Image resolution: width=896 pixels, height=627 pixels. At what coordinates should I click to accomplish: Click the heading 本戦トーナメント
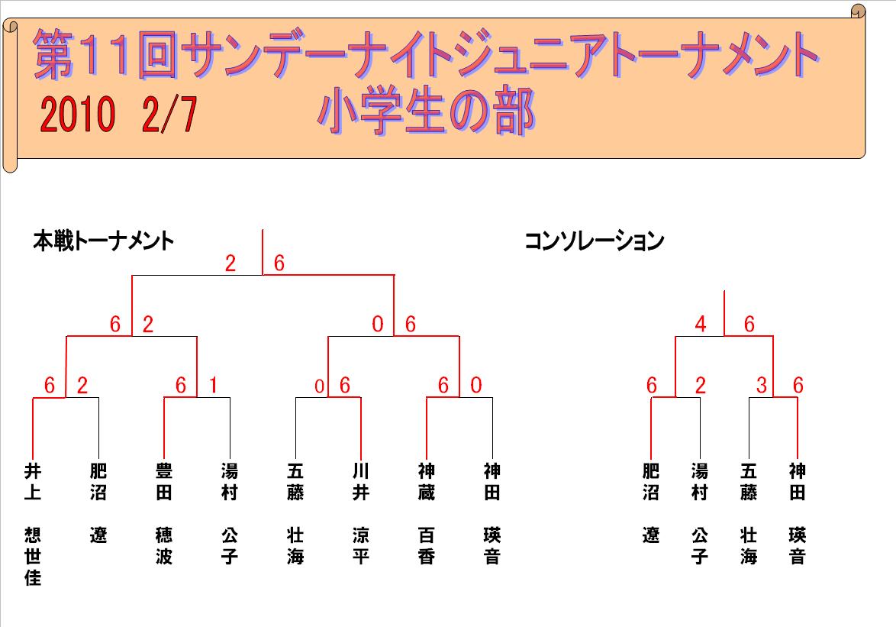(104, 241)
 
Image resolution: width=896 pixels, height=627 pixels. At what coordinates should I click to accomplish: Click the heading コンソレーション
(595, 241)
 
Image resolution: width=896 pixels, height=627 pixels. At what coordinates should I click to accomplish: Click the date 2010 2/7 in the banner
(118, 115)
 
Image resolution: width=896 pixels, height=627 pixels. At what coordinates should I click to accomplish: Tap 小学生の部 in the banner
(427, 112)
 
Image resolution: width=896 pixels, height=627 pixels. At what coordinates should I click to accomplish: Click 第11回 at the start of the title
(106, 54)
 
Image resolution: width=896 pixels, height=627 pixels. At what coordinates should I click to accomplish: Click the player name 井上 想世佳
(33, 524)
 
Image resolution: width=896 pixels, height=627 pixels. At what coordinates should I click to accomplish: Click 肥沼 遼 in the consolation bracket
(651, 503)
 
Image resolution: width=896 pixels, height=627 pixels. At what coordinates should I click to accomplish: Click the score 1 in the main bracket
(213, 385)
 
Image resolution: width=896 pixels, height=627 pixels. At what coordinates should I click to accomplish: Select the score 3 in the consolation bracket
(761, 385)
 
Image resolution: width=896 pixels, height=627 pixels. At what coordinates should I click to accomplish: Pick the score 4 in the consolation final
(701, 324)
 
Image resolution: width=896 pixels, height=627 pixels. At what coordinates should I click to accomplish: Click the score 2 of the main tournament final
(230, 263)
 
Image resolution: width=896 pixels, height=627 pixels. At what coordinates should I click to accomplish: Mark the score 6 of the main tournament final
(279, 263)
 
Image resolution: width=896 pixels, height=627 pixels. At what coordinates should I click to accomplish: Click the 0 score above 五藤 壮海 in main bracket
(320, 386)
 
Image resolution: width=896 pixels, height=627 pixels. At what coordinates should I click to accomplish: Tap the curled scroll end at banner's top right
(859, 11)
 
